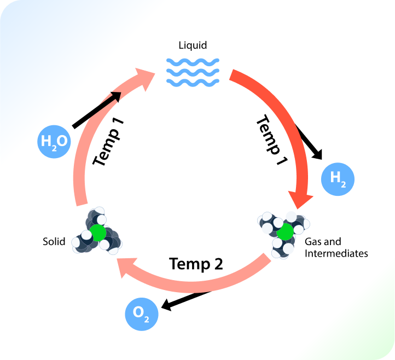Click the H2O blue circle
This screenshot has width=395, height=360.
(x=54, y=142)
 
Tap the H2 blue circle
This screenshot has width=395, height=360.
(x=338, y=179)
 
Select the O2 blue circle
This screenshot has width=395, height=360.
(x=142, y=314)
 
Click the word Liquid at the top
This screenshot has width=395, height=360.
(x=193, y=45)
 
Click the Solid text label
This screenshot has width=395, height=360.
(x=54, y=241)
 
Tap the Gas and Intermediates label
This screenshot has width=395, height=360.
(x=336, y=247)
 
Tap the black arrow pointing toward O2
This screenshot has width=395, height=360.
(x=186, y=301)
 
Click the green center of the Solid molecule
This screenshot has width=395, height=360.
(x=98, y=232)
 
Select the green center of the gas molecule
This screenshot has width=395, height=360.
(x=284, y=234)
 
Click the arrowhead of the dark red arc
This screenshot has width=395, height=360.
(x=300, y=200)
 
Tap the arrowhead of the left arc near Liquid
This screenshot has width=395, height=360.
(x=148, y=77)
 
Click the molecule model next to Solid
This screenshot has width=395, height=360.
(x=97, y=231)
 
